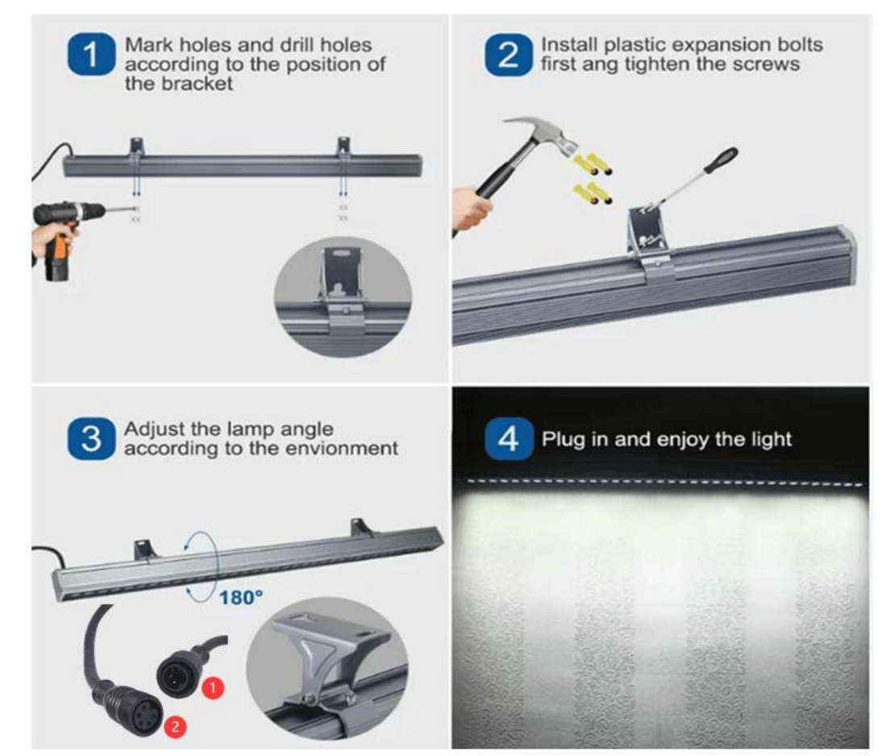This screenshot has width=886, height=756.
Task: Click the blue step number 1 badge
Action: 91,55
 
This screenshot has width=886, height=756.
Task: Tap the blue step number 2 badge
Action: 508,55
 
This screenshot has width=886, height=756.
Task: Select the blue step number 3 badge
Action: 91,439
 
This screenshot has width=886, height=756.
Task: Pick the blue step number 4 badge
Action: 509,439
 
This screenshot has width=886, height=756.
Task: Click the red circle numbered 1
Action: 213,687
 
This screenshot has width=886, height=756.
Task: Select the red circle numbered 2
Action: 175,726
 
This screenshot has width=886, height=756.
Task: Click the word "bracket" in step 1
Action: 198,84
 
